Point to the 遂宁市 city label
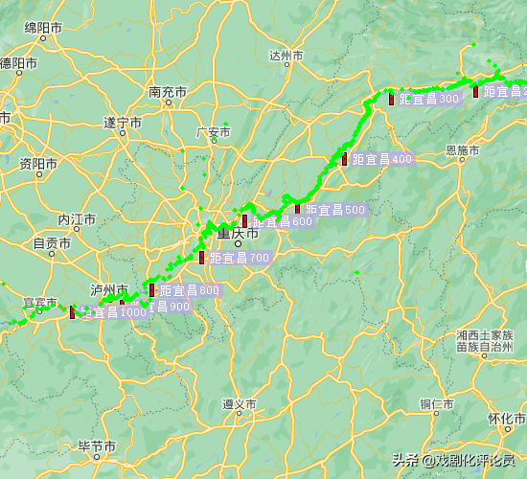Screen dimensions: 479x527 (122, 123)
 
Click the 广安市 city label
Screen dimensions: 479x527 (213, 132)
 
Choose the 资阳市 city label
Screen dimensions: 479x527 (40, 162)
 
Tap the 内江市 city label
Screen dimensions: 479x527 (77, 219)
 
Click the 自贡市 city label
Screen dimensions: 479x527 (52, 243)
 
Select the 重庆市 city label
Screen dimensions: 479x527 (238, 233)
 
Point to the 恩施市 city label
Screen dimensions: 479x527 (463, 150)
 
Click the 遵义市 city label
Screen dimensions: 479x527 (239, 404)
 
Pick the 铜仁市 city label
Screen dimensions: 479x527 (436, 404)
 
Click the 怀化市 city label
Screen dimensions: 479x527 (504, 419)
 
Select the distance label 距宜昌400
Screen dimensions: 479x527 (381, 159)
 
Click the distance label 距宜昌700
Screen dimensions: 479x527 (240, 258)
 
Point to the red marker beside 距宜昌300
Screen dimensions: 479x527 (392, 98)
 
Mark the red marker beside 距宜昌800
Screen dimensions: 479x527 (152, 289)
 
